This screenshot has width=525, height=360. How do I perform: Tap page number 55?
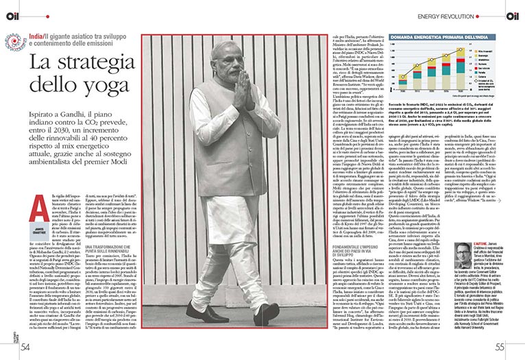[x=500, y=346]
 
